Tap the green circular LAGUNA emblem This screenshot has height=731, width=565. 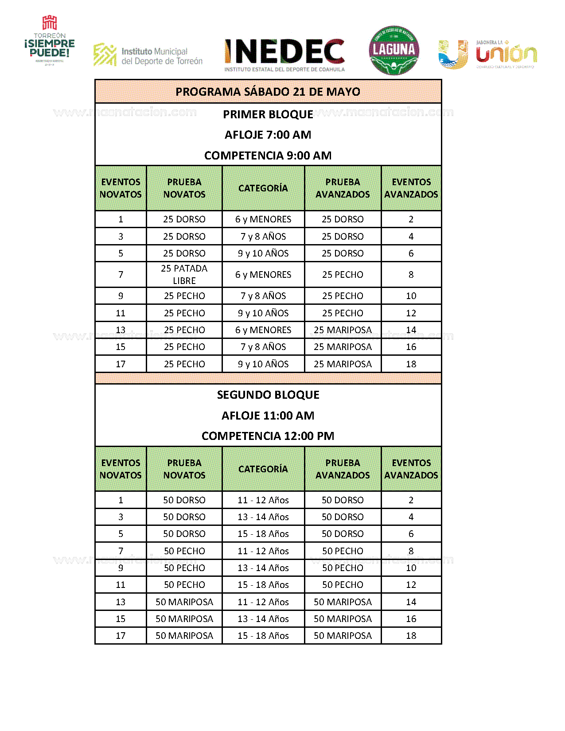click(x=394, y=50)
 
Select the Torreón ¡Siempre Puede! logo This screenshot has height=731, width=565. click(x=50, y=41)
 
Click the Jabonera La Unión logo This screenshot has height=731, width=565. click(x=487, y=54)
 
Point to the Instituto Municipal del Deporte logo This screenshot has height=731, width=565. click(x=148, y=55)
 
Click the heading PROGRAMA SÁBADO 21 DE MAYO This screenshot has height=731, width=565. click(x=268, y=92)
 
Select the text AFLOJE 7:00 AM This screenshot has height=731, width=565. click(x=268, y=135)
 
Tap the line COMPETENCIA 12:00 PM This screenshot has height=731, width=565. click(x=268, y=436)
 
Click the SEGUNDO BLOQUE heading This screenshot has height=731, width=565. click(x=268, y=395)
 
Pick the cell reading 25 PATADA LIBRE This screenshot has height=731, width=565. click(x=184, y=275)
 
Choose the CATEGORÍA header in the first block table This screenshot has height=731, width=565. click(x=263, y=188)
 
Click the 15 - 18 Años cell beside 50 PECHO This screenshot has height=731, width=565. click(x=263, y=585)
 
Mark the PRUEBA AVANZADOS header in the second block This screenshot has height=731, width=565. click(x=343, y=469)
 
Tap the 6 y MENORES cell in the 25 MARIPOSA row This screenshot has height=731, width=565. click(x=263, y=330)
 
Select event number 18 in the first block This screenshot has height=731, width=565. click(x=411, y=364)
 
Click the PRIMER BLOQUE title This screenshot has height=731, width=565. click(x=268, y=114)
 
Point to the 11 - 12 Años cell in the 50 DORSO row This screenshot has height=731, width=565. click(x=263, y=500)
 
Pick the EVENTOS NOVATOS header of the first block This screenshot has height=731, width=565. click(x=121, y=188)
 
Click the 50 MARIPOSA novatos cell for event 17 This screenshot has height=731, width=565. click(x=184, y=636)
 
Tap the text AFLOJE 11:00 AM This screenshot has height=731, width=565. click(x=268, y=416)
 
